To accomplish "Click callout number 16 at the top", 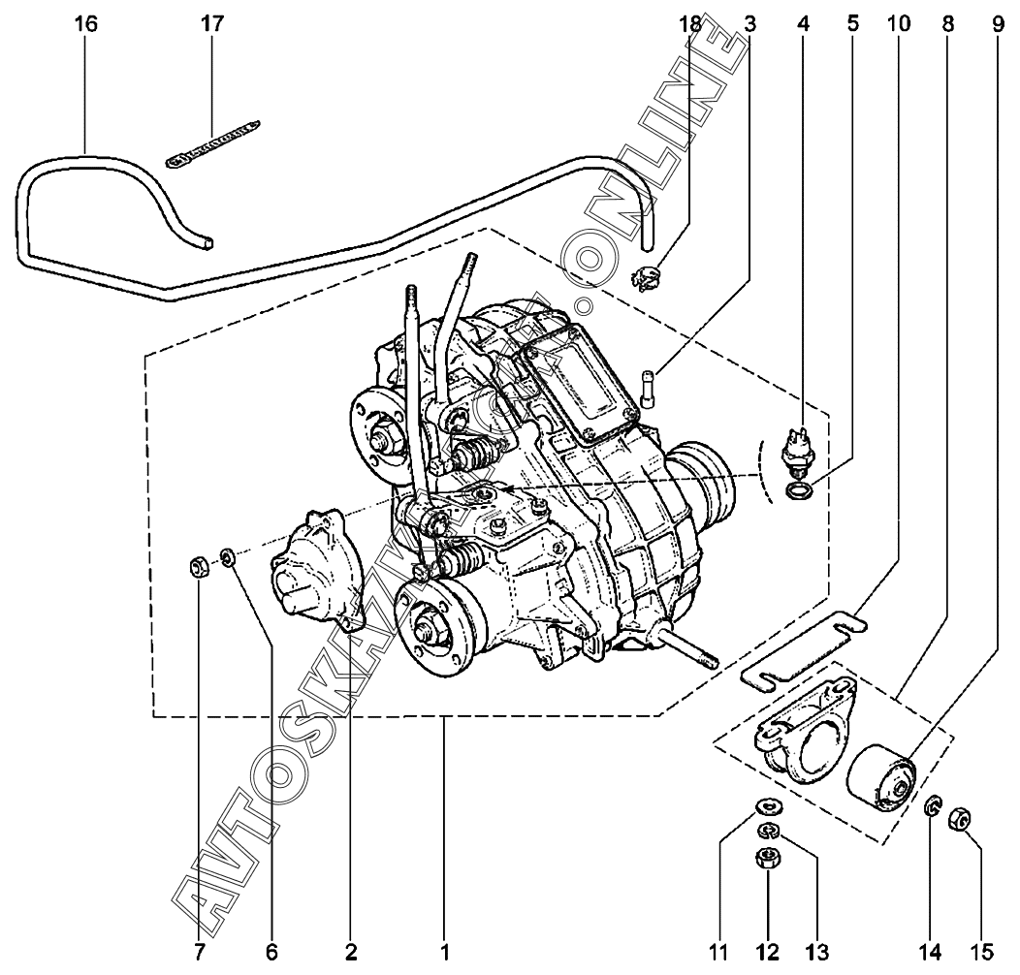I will click(x=86, y=24).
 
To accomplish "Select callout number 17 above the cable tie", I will click(x=210, y=24).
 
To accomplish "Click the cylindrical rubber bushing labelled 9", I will click(x=881, y=778).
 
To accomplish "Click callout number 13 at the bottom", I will click(x=816, y=952).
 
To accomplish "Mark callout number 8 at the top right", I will click(x=946, y=24).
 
